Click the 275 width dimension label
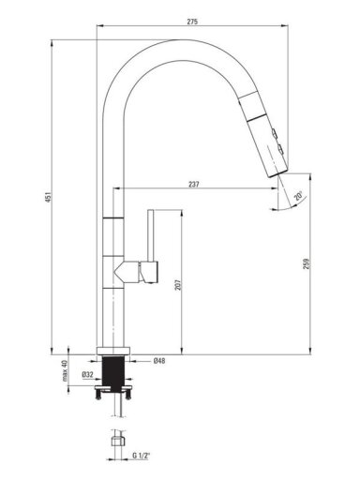coord(192,22)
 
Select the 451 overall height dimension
coord(48,197)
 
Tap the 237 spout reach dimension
coord(194,184)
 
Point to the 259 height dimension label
coord(307,263)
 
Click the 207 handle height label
coord(178,284)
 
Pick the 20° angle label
coord(298,196)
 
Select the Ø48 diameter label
coord(159,361)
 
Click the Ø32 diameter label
coord(87,374)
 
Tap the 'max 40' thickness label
coord(65,370)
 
